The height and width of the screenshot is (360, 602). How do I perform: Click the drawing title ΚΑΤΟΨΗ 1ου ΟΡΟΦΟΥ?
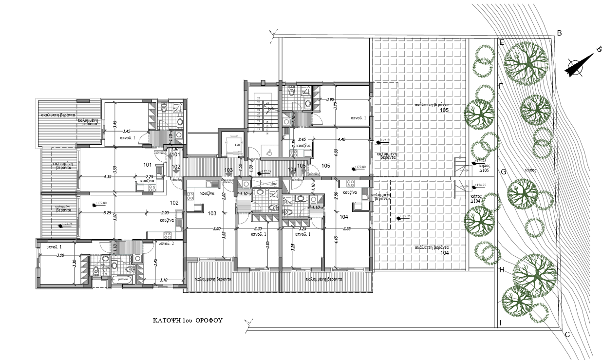[x=188, y=321]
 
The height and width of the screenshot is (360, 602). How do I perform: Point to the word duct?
[x=274, y=184]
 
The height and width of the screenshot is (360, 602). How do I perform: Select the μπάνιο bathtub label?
[x=122, y=280]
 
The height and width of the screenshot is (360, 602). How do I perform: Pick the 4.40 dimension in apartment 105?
[x=342, y=139]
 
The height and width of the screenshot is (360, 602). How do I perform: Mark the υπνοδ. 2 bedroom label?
[x=166, y=244]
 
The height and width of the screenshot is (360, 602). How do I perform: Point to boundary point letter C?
[x=567, y=335]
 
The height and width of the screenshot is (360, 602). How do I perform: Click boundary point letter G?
[x=504, y=172]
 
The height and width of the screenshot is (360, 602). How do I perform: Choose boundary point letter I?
[x=500, y=323]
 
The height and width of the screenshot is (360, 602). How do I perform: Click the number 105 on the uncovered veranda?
[x=444, y=110]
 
